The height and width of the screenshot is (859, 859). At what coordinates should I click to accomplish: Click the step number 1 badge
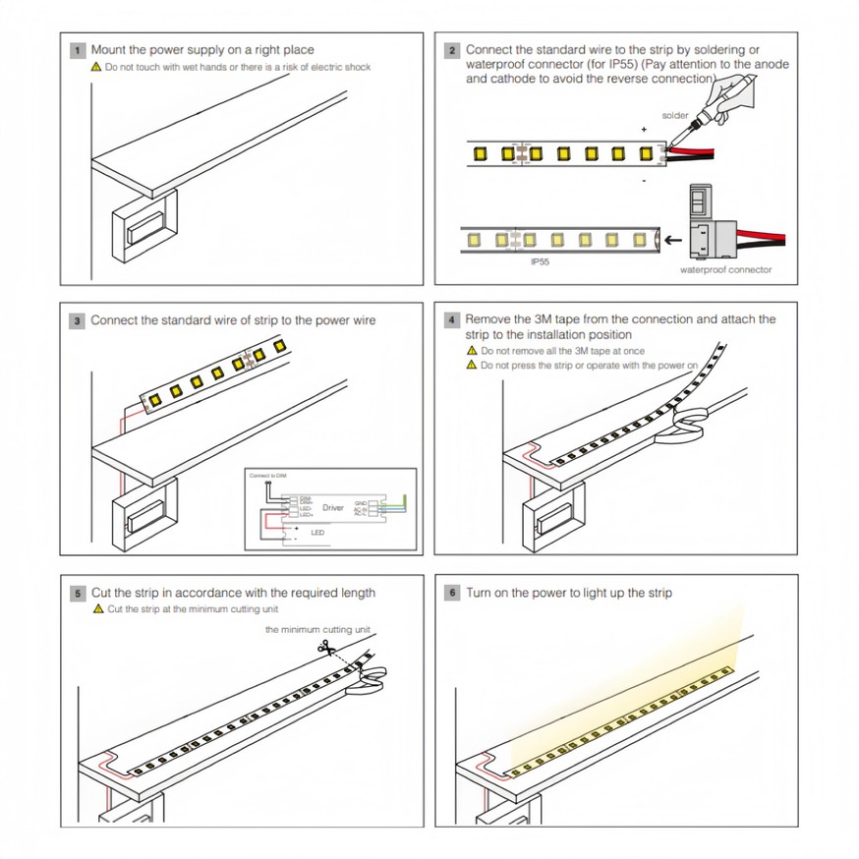pos(77,49)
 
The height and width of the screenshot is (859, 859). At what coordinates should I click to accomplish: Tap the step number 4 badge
pos(451,320)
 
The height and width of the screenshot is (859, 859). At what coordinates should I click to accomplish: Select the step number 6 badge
pos(451,593)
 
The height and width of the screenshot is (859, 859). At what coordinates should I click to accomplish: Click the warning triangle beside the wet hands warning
pos(96,67)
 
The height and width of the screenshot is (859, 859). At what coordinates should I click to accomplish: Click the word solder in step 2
pos(675,116)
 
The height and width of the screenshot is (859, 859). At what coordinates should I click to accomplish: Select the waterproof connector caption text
pos(726,270)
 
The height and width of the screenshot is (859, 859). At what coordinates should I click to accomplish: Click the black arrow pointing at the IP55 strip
pos(672,238)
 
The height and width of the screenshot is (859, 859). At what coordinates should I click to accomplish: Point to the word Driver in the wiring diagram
pos(333,507)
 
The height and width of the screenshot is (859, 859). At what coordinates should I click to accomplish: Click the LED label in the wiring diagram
pos(316,532)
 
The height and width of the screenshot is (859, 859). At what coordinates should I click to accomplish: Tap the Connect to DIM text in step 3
pos(267,476)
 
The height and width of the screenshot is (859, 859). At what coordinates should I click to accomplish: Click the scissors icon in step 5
pos(324,647)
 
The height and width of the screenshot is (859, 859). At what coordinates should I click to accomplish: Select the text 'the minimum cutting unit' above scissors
pos(318,629)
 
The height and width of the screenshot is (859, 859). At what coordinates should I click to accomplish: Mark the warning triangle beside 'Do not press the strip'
pos(473,366)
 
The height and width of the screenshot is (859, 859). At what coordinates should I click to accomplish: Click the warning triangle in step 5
pos(97,609)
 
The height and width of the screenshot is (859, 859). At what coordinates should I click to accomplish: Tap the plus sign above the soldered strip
pos(644,130)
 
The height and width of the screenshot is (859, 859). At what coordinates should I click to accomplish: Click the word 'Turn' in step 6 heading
pos(478,593)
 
